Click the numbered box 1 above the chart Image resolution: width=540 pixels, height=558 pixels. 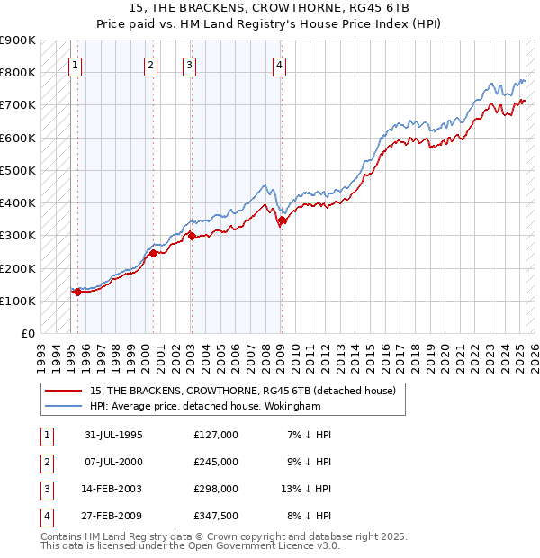75,65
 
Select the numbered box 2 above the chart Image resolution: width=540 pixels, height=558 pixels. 150,65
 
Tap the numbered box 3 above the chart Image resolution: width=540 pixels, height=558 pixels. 189,65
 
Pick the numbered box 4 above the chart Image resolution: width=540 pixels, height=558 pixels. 280,65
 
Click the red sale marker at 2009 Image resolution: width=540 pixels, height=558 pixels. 282,220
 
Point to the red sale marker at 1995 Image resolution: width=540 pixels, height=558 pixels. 78,292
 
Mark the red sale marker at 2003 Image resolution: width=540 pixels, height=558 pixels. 192,237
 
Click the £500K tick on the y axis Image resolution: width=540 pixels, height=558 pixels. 18,170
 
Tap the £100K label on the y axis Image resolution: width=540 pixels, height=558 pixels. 18,301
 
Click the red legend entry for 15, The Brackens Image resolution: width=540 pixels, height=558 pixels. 248,391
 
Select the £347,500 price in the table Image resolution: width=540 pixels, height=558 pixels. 216,516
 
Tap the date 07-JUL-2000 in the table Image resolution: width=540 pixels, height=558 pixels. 113,462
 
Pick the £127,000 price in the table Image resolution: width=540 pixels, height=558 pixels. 216,435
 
